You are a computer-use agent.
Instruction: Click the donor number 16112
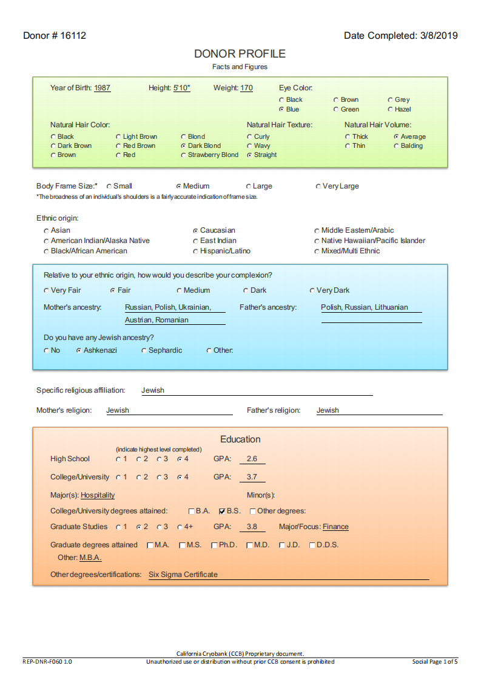pyautogui.click(x=72, y=36)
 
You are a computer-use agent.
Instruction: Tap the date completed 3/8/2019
pyautogui.click(x=439, y=36)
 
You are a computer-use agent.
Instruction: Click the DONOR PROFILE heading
pyautogui.click(x=240, y=54)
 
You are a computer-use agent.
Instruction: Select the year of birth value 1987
pyautogui.click(x=103, y=88)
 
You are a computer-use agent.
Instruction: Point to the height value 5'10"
pyautogui.click(x=182, y=88)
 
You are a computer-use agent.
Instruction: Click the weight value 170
pyautogui.click(x=246, y=88)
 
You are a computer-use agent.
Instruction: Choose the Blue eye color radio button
pyautogui.click(x=281, y=110)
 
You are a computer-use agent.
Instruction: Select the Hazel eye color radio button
pyautogui.click(x=390, y=110)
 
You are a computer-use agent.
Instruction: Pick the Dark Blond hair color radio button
pyautogui.click(x=183, y=146)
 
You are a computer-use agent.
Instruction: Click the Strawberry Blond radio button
pyautogui.click(x=183, y=155)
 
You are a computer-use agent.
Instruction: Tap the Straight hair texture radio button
pyautogui.click(x=249, y=155)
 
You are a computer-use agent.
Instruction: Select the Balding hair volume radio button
pyautogui.click(x=396, y=146)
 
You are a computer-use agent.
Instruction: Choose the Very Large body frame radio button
pyautogui.click(x=318, y=187)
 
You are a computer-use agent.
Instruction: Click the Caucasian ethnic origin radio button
pyautogui.click(x=195, y=231)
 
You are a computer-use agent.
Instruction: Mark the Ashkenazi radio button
pyautogui.click(x=79, y=351)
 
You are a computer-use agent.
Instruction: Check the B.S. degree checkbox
pyautogui.click(x=222, y=512)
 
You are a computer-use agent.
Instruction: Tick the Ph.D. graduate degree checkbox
pyautogui.click(x=214, y=545)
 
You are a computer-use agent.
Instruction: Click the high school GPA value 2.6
pyautogui.click(x=252, y=459)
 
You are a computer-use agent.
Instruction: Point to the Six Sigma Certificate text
pyautogui.click(x=183, y=575)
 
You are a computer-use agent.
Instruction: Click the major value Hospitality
pyautogui.click(x=98, y=496)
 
